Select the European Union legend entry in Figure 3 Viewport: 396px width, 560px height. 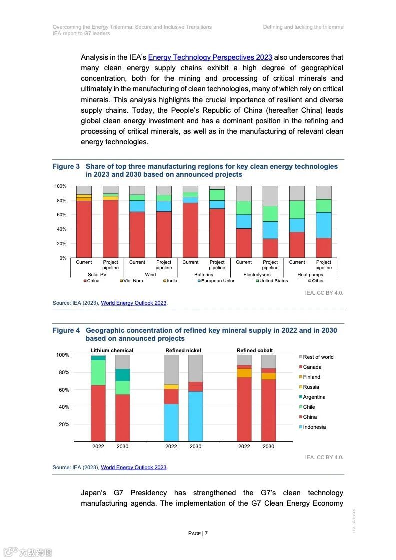[x=218, y=281]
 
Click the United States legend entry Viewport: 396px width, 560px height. [x=273, y=281]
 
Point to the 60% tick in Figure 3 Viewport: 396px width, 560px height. [x=60, y=215]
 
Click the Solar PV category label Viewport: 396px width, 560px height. [x=97, y=275]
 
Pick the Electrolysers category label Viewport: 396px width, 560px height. [x=257, y=275]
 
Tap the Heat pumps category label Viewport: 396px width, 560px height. [x=310, y=275]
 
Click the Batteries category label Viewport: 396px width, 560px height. [x=204, y=275]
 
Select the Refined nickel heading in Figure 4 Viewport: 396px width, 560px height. [x=183, y=350]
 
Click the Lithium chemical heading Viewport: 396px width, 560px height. [x=112, y=350]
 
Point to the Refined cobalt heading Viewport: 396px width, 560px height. [x=255, y=350]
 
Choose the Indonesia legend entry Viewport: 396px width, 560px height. [x=314, y=427]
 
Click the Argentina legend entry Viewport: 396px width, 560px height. [x=314, y=397]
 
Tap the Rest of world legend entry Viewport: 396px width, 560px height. [x=318, y=357]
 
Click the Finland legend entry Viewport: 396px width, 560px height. [x=311, y=377]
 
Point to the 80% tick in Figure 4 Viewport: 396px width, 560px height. [x=62, y=372]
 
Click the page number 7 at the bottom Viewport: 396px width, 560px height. [x=206, y=533]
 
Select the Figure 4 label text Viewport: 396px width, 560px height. [x=66, y=330]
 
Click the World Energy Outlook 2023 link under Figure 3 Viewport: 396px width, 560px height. [x=134, y=303]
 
